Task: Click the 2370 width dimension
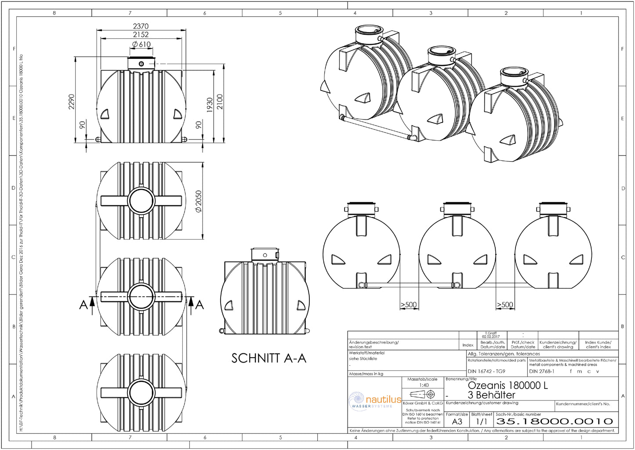141,26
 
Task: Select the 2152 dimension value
141,35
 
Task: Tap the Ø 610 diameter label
141,44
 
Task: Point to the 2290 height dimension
72,102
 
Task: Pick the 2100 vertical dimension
220,102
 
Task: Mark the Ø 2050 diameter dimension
198,201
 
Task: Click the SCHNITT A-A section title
269,358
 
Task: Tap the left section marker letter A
83,305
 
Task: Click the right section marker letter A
200,305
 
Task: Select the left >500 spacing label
408,305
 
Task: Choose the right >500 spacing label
505,305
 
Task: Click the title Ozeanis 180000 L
508,385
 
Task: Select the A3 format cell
457,421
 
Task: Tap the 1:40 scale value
424,385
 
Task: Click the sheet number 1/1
482,421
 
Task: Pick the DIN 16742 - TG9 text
486,371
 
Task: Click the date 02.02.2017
491,337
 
